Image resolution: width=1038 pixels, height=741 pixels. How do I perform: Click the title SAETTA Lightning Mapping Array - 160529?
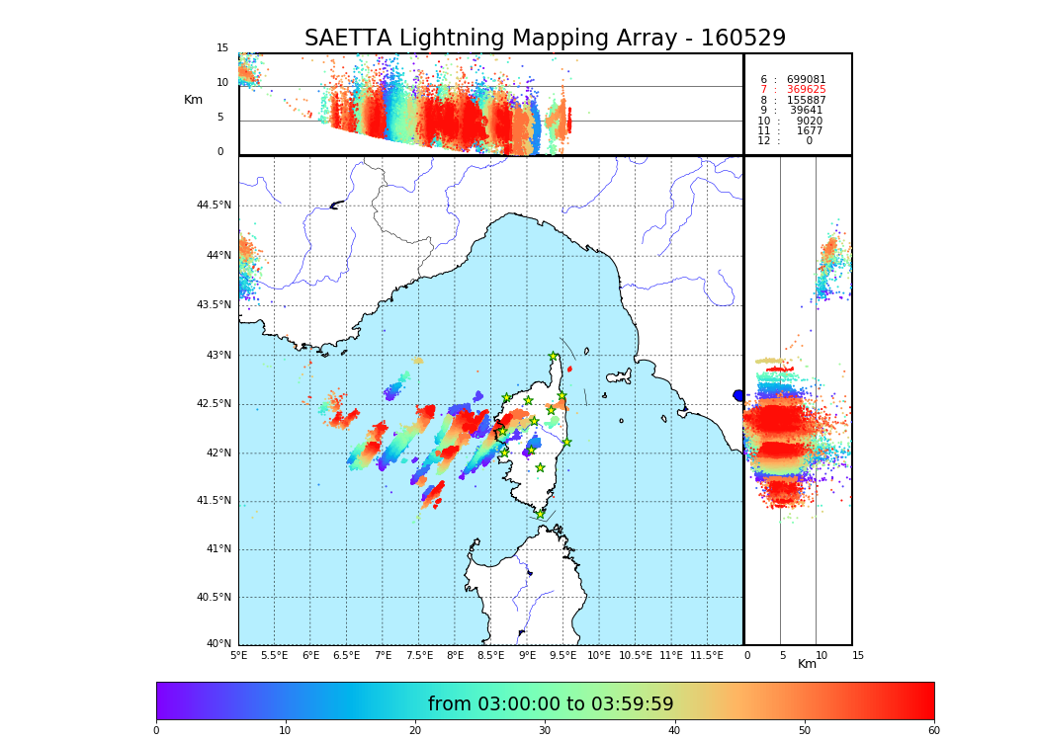pyautogui.click(x=545, y=39)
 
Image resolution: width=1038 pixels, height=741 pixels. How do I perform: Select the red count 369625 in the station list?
pyautogui.click(x=806, y=90)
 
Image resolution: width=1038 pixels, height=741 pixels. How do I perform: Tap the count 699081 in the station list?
pyautogui.click(x=806, y=80)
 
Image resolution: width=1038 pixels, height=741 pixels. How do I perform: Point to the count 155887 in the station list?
pyautogui.click(x=806, y=101)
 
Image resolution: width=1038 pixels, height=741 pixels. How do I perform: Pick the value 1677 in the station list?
pyautogui.click(x=809, y=131)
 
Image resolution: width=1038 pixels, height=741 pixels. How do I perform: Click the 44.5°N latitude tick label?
pyautogui.click(x=214, y=206)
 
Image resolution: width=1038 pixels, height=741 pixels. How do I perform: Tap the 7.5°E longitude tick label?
pyautogui.click(x=419, y=655)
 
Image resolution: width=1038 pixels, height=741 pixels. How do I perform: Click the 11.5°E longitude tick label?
pyautogui.click(x=707, y=655)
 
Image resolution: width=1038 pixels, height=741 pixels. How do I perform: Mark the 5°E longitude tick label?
pyautogui.click(x=238, y=655)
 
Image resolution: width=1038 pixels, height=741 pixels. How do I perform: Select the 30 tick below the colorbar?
pyautogui.click(x=545, y=730)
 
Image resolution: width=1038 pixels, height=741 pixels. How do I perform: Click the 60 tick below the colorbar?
pyautogui.click(x=933, y=730)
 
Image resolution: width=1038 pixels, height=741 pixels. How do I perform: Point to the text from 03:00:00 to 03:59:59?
pyautogui.click(x=551, y=704)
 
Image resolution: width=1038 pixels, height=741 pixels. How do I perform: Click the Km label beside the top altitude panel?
pyautogui.click(x=193, y=100)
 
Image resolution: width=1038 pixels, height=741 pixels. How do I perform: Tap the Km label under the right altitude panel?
pyautogui.click(x=807, y=664)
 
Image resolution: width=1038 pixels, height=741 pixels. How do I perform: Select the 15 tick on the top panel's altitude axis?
pyautogui.click(x=222, y=48)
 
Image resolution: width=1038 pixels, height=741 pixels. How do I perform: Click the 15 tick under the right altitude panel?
pyautogui.click(x=858, y=655)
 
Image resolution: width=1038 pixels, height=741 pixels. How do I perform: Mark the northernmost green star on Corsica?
pyautogui.click(x=554, y=357)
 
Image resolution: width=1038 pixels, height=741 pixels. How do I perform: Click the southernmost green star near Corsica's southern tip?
pyautogui.click(x=540, y=514)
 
